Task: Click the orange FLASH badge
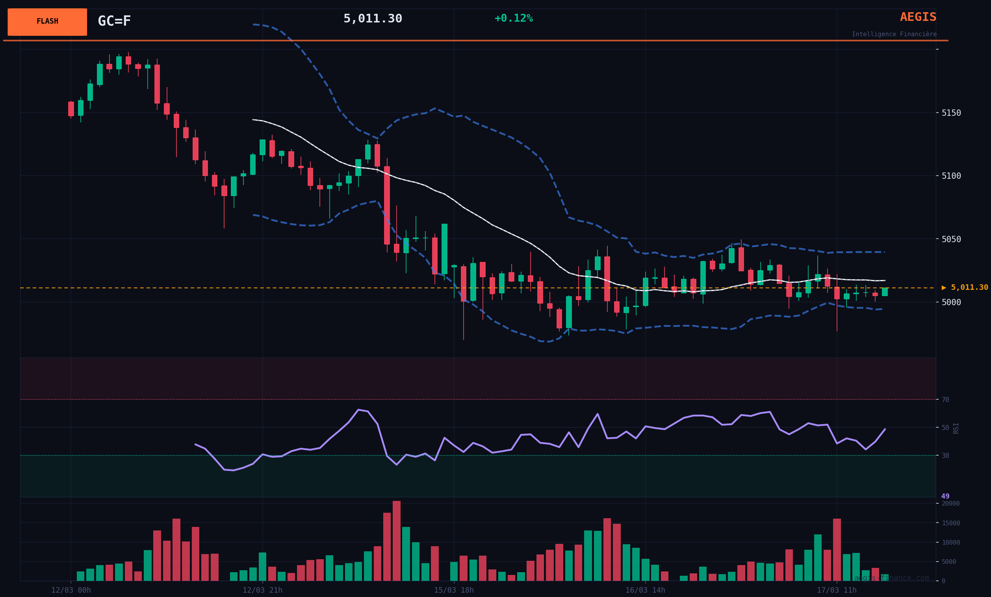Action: click(47, 22)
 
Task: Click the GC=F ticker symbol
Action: click(114, 21)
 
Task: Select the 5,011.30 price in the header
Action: click(373, 19)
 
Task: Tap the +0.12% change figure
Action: click(513, 19)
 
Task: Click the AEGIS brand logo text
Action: click(918, 17)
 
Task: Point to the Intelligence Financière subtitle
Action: click(894, 34)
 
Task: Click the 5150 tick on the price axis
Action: click(951, 113)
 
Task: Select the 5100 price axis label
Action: click(951, 176)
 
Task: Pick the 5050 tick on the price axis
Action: click(951, 239)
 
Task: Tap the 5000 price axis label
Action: click(951, 302)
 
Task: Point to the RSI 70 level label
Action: click(945, 400)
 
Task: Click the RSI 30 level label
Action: click(945, 456)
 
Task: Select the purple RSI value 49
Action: click(945, 496)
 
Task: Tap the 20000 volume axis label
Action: click(950, 503)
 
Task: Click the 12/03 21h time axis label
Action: click(262, 590)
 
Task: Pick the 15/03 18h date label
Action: click(454, 590)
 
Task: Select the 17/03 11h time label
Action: click(837, 590)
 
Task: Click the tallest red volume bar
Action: click(397, 541)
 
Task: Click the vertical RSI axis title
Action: click(956, 428)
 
